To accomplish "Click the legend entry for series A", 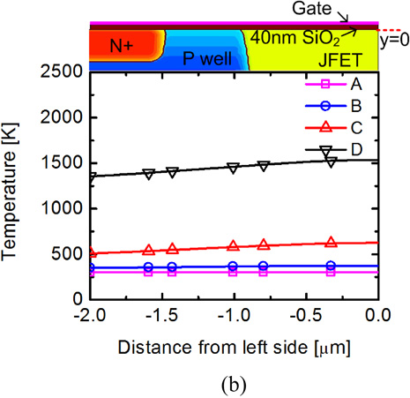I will (x=340, y=85).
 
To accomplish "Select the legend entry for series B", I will (x=340, y=107).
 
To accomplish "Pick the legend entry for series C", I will (x=340, y=129).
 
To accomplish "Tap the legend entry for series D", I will (x=340, y=151).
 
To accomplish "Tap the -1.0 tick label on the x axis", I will (x=234, y=315).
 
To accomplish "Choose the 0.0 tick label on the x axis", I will (x=378, y=315).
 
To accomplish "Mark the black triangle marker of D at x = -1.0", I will (x=234, y=167).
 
